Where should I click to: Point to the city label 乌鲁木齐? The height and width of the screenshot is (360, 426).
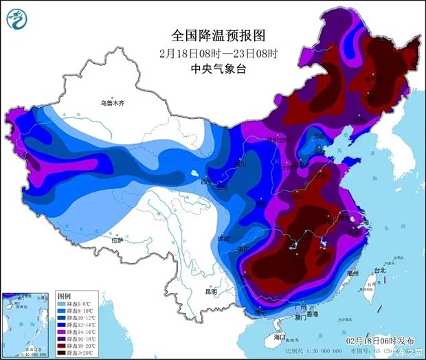[x=112, y=104]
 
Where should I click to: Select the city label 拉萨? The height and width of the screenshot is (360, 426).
[x=117, y=240]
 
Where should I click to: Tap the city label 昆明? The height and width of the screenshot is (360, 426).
[x=210, y=292]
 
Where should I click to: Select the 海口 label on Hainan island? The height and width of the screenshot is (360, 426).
[x=278, y=337]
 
